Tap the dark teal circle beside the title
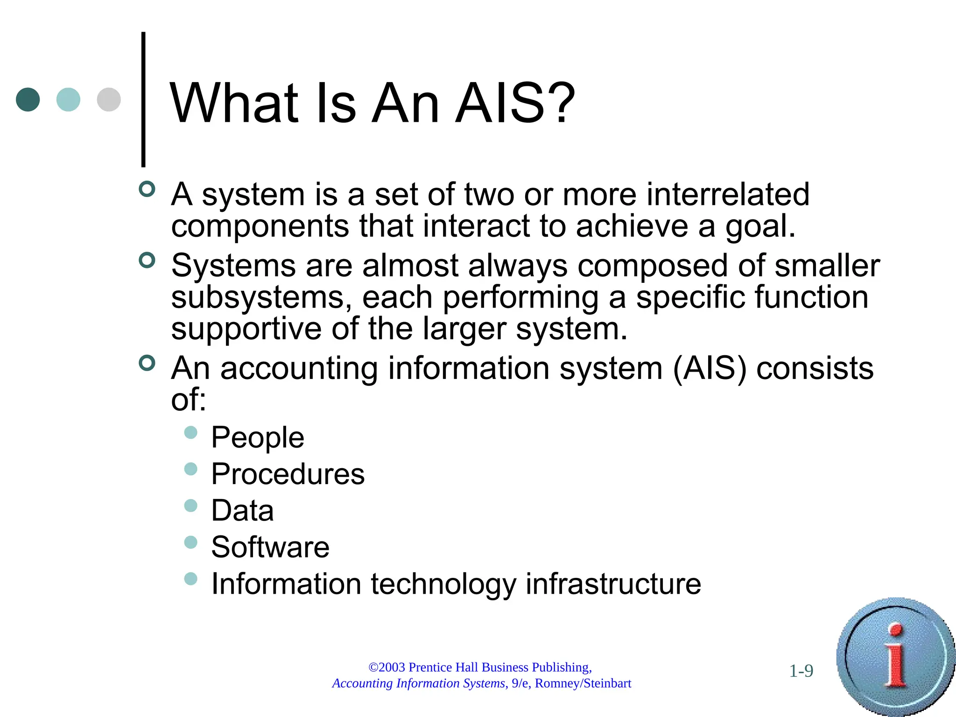(x=28, y=99)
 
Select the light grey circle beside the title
(x=109, y=99)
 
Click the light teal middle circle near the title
(x=68, y=99)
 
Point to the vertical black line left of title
(x=143, y=99)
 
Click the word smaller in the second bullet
(x=827, y=265)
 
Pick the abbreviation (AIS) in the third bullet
(x=710, y=369)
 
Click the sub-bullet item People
(x=258, y=437)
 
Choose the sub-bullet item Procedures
(x=288, y=474)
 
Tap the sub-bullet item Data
(x=242, y=510)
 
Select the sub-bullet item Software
(x=270, y=547)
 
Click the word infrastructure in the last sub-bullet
(x=613, y=584)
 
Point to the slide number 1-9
(x=801, y=671)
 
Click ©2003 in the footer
(x=387, y=668)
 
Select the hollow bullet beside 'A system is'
(x=147, y=189)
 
